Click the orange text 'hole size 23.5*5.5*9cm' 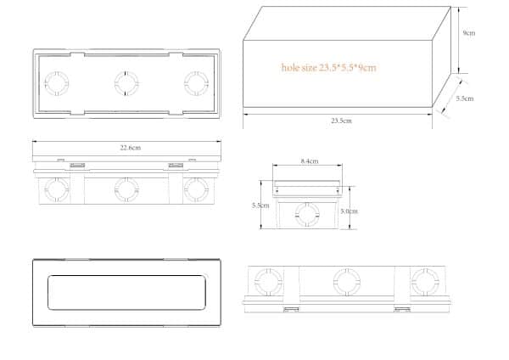(328, 67)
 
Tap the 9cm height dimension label (468, 34)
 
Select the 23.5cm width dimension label (342, 121)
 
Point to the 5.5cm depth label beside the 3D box (464, 98)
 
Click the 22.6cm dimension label (130, 148)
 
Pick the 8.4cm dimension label (309, 161)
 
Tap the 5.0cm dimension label (349, 211)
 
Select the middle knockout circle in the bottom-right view (345, 280)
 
